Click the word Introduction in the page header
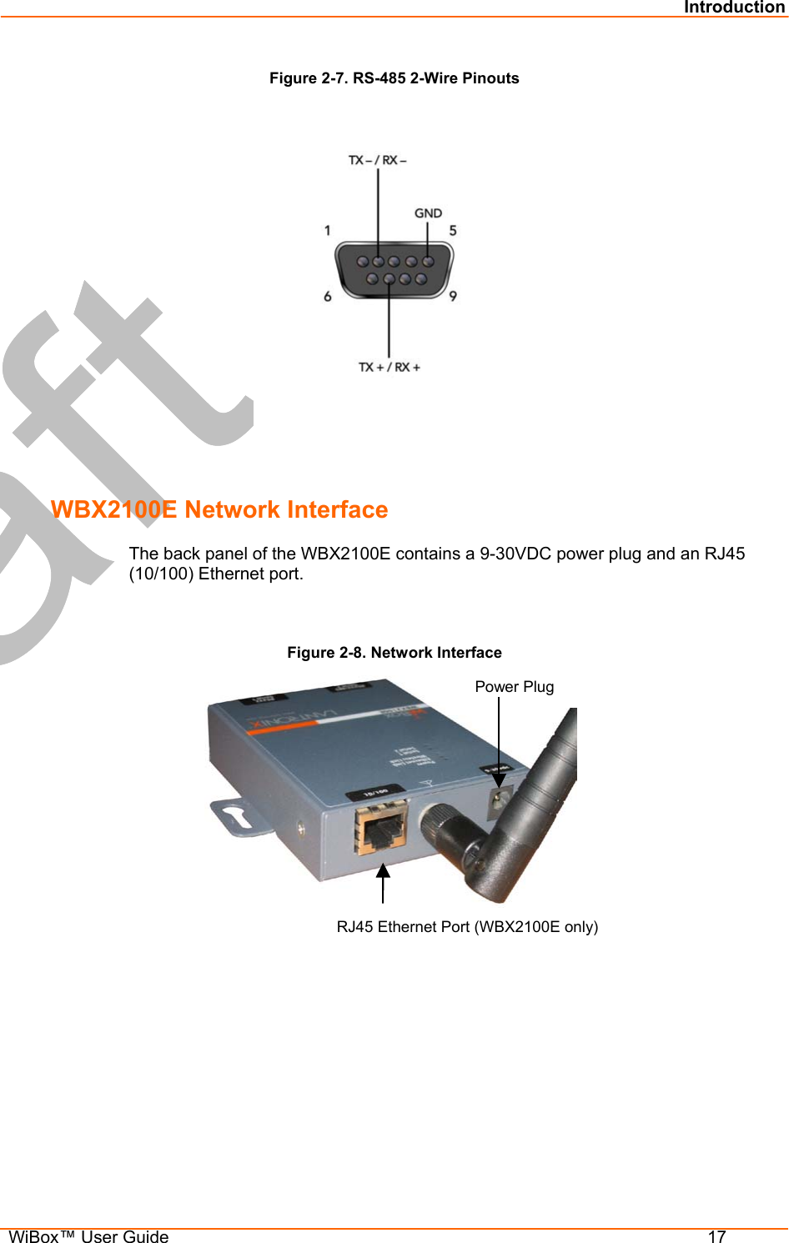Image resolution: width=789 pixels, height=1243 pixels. pos(734,8)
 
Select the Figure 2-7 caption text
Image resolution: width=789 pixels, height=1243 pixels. pos(394,78)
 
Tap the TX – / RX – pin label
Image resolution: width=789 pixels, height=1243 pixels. pos(377,160)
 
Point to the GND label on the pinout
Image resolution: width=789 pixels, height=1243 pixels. pos(428,213)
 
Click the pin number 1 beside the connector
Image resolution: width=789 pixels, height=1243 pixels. pos(328,231)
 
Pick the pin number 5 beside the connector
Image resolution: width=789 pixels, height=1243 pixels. pos(453,231)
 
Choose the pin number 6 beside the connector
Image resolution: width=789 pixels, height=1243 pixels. pos(328,296)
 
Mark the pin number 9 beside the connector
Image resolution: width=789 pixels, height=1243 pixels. pos(453,296)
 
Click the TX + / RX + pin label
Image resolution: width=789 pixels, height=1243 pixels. pos(389,367)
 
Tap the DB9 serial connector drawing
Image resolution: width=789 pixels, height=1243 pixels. pos(394,269)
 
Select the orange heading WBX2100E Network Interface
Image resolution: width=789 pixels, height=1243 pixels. pos(219,509)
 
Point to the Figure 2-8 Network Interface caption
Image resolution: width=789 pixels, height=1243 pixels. pos(394,653)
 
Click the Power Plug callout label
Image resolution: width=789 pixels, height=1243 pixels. pos(514,687)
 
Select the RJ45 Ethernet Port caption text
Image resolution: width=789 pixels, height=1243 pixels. pos(467,927)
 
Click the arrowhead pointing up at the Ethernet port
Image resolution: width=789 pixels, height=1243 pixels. pos(383,871)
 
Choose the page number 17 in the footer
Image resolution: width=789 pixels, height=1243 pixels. pos(716,1236)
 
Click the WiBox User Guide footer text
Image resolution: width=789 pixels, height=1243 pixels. pos(88,1236)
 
